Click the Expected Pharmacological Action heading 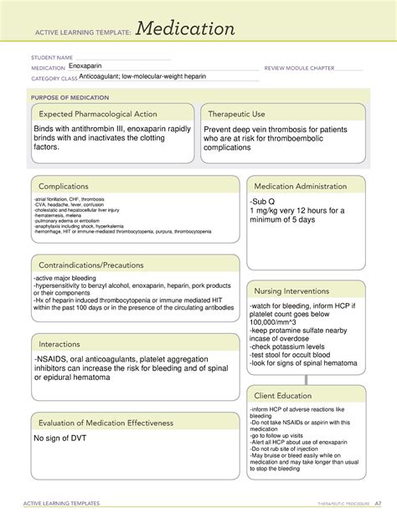(x=101, y=114)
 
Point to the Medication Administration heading (x=305, y=186)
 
